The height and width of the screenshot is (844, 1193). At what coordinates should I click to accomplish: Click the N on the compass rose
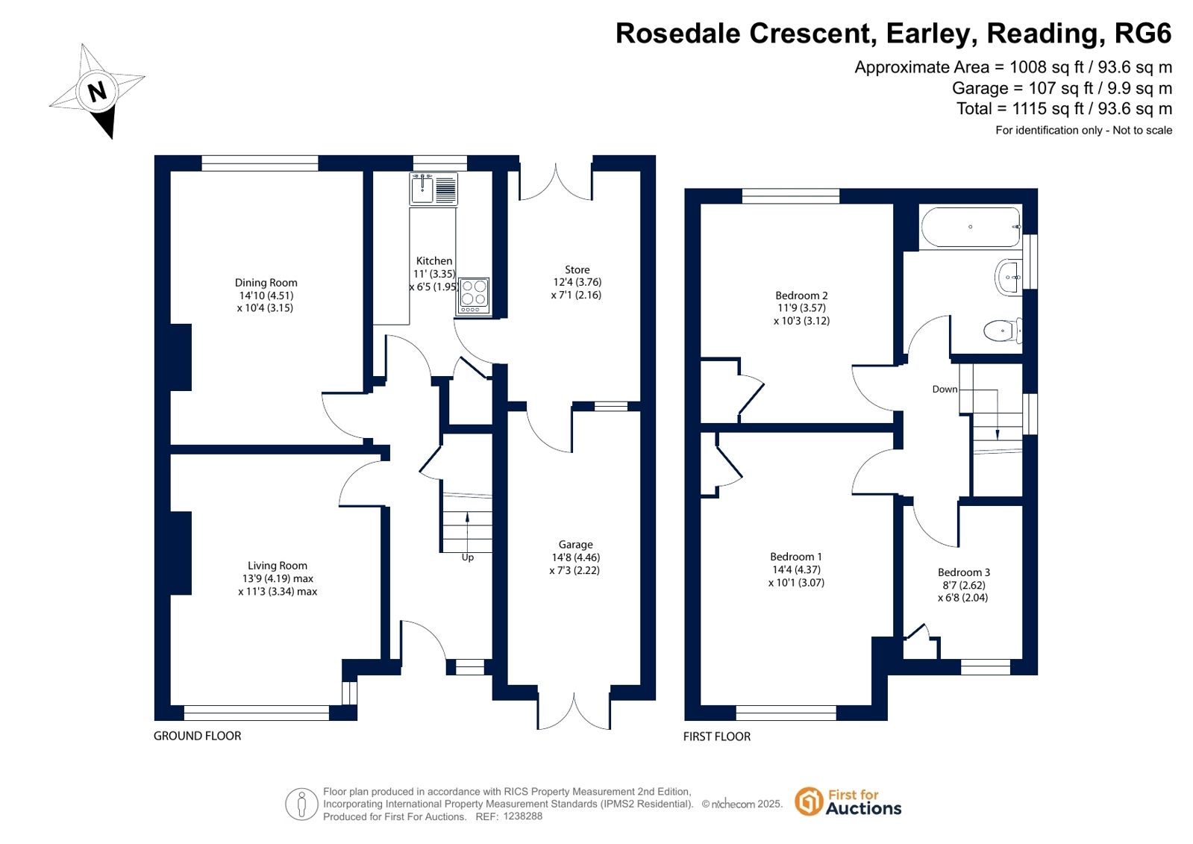pyautogui.click(x=97, y=91)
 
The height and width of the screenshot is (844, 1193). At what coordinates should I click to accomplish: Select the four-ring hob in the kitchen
pyautogui.click(x=474, y=296)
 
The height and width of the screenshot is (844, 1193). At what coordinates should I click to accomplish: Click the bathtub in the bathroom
pyautogui.click(x=971, y=227)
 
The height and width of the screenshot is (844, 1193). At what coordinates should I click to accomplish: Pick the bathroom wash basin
pyautogui.click(x=1008, y=277)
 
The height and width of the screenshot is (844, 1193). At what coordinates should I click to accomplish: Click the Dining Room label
pyautogui.click(x=266, y=282)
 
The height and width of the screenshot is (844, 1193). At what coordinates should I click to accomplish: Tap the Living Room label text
pyautogui.click(x=278, y=566)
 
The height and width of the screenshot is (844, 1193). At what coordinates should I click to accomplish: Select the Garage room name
pyautogui.click(x=576, y=545)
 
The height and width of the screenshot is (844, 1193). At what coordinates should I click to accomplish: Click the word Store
pyautogui.click(x=577, y=269)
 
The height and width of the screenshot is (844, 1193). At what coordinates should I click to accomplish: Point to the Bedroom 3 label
pyautogui.click(x=964, y=572)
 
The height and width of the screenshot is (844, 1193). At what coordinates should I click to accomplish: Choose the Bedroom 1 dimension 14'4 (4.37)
pyautogui.click(x=795, y=569)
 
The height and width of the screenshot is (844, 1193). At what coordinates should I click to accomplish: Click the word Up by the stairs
pyautogui.click(x=468, y=557)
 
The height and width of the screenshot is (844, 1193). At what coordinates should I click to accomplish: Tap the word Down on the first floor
pyautogui.click(x=945, y=389)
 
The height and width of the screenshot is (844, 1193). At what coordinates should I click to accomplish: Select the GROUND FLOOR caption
pyautogui.click(x=198, y=736)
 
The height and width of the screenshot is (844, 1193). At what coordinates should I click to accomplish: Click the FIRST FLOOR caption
pyautogui.click(x=717, y=737)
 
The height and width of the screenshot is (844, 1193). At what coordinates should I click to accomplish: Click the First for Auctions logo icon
pyautogui.click(x=809, y=801)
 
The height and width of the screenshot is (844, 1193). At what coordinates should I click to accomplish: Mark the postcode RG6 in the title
pyautogui.click(x=1144, y=33)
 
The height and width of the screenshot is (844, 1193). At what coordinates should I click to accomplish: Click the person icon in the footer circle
pyautogui.click(x=302, y=804)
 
